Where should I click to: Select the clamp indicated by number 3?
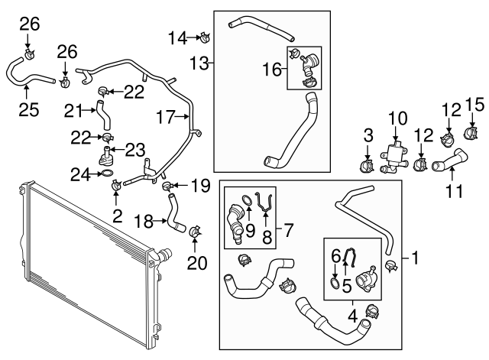(366, 164)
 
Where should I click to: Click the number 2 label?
(117, 216)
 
